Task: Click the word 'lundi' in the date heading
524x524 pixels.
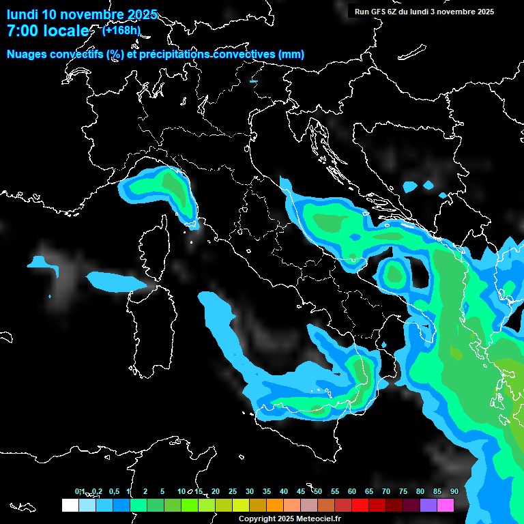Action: [x=23, y=14]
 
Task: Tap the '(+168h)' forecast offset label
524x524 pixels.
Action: [x=121, y=30]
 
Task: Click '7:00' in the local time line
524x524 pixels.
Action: [x=22, y=31]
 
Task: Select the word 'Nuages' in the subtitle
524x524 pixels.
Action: [x=27, y=55]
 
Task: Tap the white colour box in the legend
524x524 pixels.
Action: [x=70, y=505]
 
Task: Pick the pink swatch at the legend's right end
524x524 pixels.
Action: [x=446, y=505]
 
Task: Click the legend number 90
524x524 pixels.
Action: [x=454, y=491]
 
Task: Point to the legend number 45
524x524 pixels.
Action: [x=301, y=491]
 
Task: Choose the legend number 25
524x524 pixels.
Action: [x=233, y=491]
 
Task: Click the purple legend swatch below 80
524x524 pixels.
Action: [x=428, y=505]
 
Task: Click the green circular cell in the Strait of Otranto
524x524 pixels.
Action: [x=394, y=273]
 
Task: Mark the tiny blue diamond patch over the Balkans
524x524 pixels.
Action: [x=428, y=185]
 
